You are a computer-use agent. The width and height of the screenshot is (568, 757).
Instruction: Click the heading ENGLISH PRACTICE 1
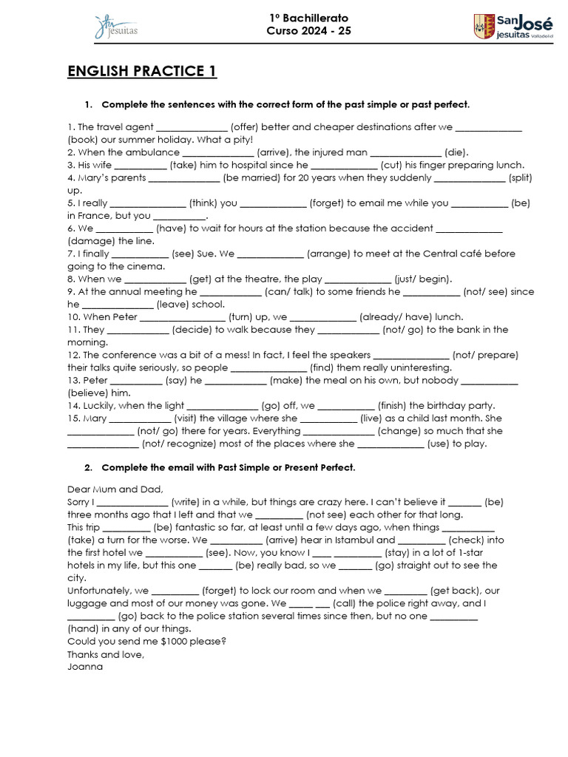142,72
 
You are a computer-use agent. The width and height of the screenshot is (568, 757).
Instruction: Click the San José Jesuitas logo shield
484,26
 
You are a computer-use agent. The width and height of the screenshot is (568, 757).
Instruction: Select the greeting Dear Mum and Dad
115,489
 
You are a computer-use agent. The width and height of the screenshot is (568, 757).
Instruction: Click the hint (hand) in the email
83,628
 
